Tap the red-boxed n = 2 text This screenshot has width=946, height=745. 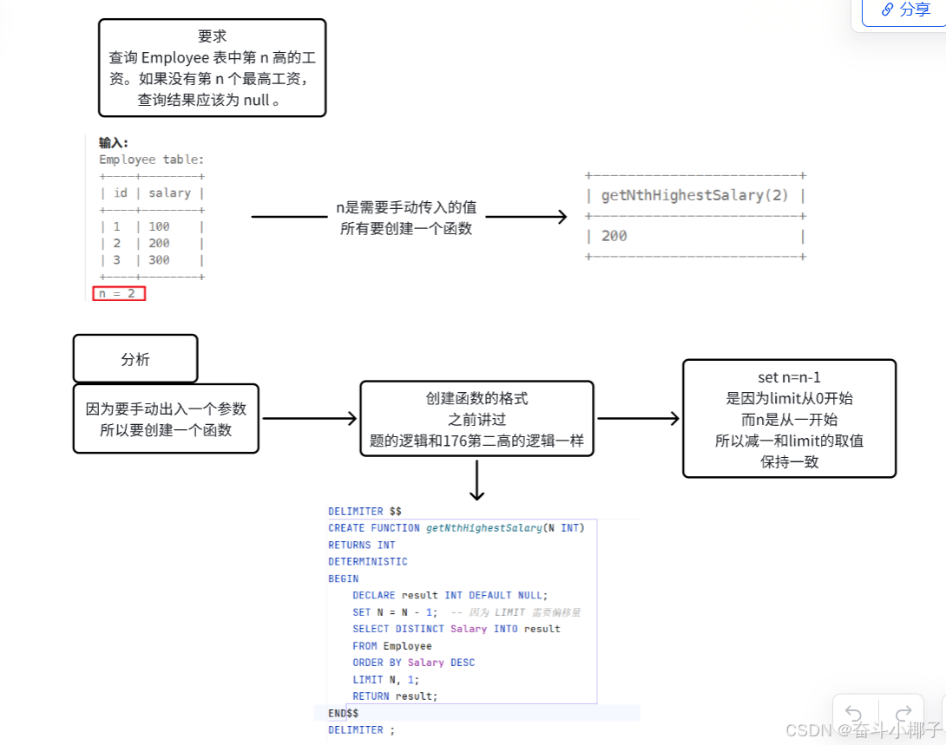tap(119, 293)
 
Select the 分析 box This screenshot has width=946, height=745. tap(135, 359)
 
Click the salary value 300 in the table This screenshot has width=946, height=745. tap(159, 260)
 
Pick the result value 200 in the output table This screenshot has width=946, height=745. tap(614, 236)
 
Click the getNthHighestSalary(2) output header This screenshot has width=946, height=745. tap(695, 195)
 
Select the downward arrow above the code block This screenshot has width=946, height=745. tap(476, 481)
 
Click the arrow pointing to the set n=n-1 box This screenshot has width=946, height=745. tap(638, 419)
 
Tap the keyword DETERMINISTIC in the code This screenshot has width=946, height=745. tap(367, 561)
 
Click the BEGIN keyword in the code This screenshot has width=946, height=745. tap(343, 578)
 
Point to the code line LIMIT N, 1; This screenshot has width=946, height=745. tap(385, 679)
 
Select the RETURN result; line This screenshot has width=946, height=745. tap(395, 696)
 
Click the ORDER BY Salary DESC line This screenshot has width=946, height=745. tap(413, 663)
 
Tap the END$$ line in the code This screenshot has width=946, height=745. tap(343, 713)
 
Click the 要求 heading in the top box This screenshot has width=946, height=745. tap(213, 36)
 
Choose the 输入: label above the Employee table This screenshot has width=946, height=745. tap(114, 143)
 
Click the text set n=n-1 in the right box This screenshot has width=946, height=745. tap(789, 378)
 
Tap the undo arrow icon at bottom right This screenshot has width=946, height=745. tap(854, 714)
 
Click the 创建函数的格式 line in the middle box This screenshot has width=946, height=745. tap(476, 399)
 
